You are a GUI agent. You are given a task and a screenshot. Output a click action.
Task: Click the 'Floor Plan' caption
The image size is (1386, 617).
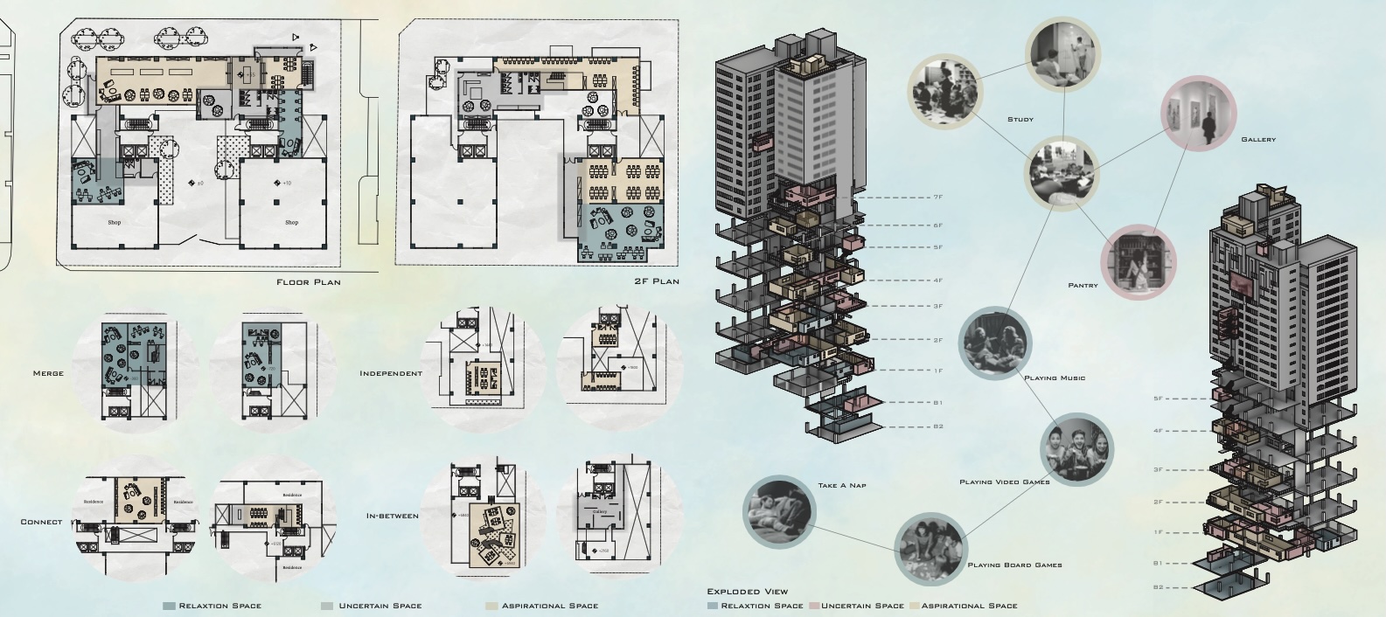point(308,282)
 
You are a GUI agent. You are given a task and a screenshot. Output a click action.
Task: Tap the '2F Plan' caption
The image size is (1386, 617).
point(657,281)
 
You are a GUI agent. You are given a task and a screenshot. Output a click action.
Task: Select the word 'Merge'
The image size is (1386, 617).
point(48,373)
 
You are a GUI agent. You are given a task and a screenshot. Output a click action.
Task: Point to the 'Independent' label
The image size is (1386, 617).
point(391,373)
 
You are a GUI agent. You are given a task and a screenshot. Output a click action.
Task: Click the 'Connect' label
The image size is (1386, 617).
point(41,522)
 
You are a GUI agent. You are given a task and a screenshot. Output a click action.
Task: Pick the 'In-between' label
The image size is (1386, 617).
point(393,516)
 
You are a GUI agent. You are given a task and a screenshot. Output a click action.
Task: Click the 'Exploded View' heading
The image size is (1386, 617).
point(747,592)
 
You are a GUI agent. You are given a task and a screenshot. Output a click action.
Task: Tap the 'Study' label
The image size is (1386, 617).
point(1020,120)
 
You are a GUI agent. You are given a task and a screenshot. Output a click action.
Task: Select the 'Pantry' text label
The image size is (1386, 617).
point(1083,285)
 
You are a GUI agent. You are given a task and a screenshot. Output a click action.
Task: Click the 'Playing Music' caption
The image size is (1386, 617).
point(1055,378)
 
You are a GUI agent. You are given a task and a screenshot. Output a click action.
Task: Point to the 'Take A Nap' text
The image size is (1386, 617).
point(842,486)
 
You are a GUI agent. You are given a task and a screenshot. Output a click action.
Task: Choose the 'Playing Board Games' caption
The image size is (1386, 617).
point(1014,565)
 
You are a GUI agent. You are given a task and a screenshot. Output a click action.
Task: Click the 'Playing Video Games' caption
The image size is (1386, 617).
point(1004,482)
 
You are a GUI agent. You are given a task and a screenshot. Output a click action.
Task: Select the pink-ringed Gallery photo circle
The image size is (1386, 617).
point(1199,114)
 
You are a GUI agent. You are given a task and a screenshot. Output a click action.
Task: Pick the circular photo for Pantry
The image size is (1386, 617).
point(1138,260)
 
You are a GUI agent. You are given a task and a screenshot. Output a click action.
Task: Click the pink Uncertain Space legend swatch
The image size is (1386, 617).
point(814,606)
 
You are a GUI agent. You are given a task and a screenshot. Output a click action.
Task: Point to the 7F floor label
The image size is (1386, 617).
point(937,198)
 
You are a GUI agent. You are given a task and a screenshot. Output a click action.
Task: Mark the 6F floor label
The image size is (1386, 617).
point(937,225)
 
